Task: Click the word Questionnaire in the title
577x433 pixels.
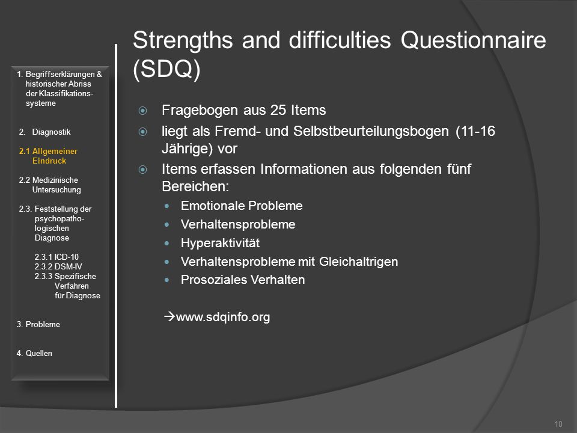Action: pyautogui.click(x=473, y=40)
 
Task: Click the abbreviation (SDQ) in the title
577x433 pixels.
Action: pyautogui.click(x=166, y=69)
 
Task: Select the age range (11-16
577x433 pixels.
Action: pyautogui.click(x=475, y=131)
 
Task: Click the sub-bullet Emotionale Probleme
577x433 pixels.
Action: pyautogui.click(x=242, y=206)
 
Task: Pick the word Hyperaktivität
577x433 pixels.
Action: pyautogui.click(x=220, y=243)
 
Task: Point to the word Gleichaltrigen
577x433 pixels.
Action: pyautogui.click(x=358, y=262)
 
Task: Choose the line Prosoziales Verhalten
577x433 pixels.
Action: pyautogui.click(x=243, y=280)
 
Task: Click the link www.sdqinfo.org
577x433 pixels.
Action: pyautogui.click(x=223, y=317)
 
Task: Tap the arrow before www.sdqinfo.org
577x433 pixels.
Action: pyautogui.click(x=169, y=316)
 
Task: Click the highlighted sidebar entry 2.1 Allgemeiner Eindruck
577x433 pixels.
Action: pyautogui.click(x=48, y=156)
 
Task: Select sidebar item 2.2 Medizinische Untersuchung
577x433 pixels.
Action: pyautogui.click(x=50, y=185)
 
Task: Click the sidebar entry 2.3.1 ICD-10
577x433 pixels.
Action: pyautogui.click(x=56, y=257)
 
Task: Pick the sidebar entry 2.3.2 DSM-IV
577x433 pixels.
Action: pyautogui.click(x=58, y=266)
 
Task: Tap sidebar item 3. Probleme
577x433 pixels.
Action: pyautogui.click(x=38, y=324)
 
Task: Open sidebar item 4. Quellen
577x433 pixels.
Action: pyautogui.click(x=34, y=353)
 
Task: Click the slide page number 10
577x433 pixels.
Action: pyautogui.click(x=558, y=424)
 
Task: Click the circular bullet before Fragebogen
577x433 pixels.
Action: pyautogui.click(x=143, y=111)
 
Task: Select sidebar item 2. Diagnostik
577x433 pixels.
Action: pyautogui.click(x=44, y=132)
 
